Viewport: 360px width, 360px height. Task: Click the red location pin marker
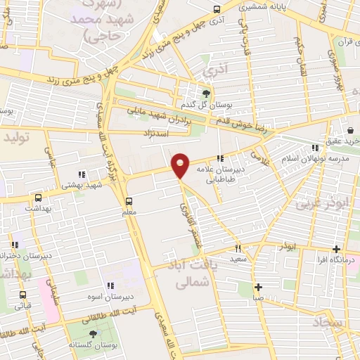click(x=181, y=165)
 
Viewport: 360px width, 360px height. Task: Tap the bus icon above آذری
click(x=217, y=10)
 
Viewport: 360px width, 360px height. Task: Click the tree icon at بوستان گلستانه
click(x=94, y=333)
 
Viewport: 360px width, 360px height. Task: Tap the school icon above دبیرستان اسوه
click(x=110, y=285)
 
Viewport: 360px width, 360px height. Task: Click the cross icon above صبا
click(x=259, y=287)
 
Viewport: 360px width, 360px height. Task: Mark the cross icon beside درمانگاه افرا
click(x=337, y=250)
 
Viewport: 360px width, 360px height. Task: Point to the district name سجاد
click(x=326, y=326)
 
